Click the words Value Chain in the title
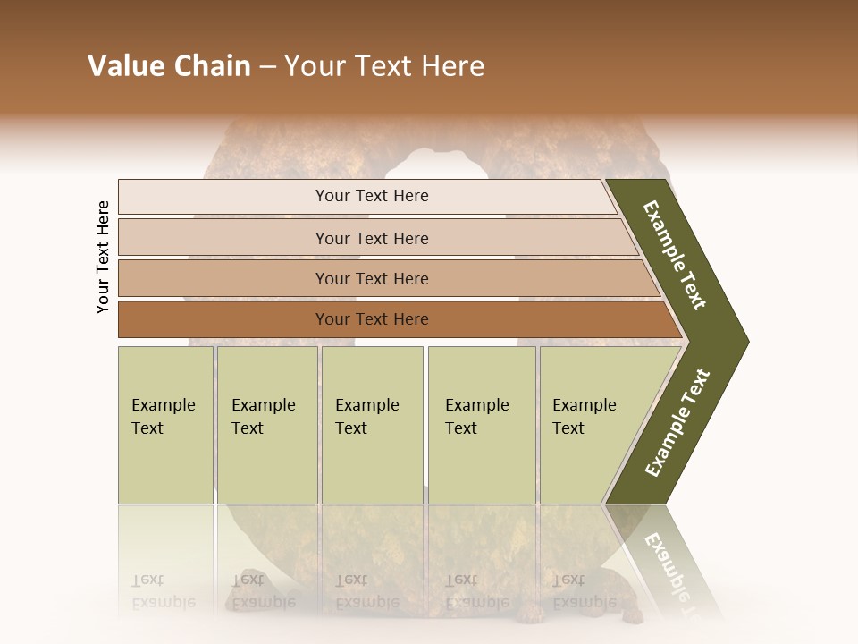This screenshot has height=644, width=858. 169,66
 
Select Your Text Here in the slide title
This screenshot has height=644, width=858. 384,66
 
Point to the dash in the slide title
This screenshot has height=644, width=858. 267,67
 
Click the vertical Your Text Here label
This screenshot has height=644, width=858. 103,257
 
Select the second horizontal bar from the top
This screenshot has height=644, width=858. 371,238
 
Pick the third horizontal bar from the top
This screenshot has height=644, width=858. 371,278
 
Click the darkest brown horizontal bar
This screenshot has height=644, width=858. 371,319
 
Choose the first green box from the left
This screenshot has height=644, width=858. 165,424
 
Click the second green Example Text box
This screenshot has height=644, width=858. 266,424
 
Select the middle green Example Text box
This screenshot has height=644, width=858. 372,424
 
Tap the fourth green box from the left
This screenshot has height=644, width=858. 481,424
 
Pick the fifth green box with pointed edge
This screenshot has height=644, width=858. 590,424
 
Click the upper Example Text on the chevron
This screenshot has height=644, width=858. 675,255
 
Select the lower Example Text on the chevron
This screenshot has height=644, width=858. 677,422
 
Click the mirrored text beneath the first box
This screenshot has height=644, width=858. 163,591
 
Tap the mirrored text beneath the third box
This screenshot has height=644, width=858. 366,591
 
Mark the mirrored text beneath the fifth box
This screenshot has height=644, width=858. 584,591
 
